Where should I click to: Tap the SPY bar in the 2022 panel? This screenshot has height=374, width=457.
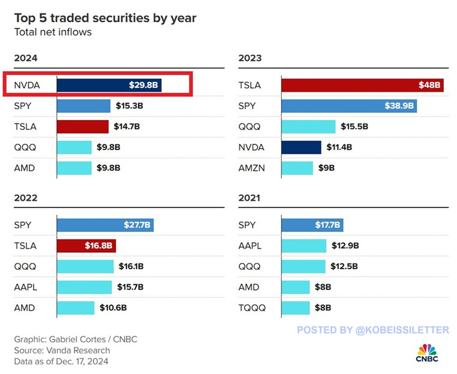tap(106, 225)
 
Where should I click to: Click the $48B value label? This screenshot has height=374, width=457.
tap(430, 85)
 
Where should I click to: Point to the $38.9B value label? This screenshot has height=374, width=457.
tap(399, 106)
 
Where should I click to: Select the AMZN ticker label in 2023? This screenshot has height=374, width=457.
tap(251, 168)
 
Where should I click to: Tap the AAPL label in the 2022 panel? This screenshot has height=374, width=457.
tap(26, 287)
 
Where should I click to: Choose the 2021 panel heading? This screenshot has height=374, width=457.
tap(249, 197)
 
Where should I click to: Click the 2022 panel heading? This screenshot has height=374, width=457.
tap(26, 197)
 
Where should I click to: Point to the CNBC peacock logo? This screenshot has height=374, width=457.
tap(427, 349)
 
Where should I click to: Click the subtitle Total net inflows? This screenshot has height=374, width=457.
tap(53, 32)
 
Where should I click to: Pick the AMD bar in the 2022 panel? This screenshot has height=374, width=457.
tap(76, 308)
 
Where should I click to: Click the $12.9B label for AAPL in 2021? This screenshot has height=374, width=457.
tap(345, 246)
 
